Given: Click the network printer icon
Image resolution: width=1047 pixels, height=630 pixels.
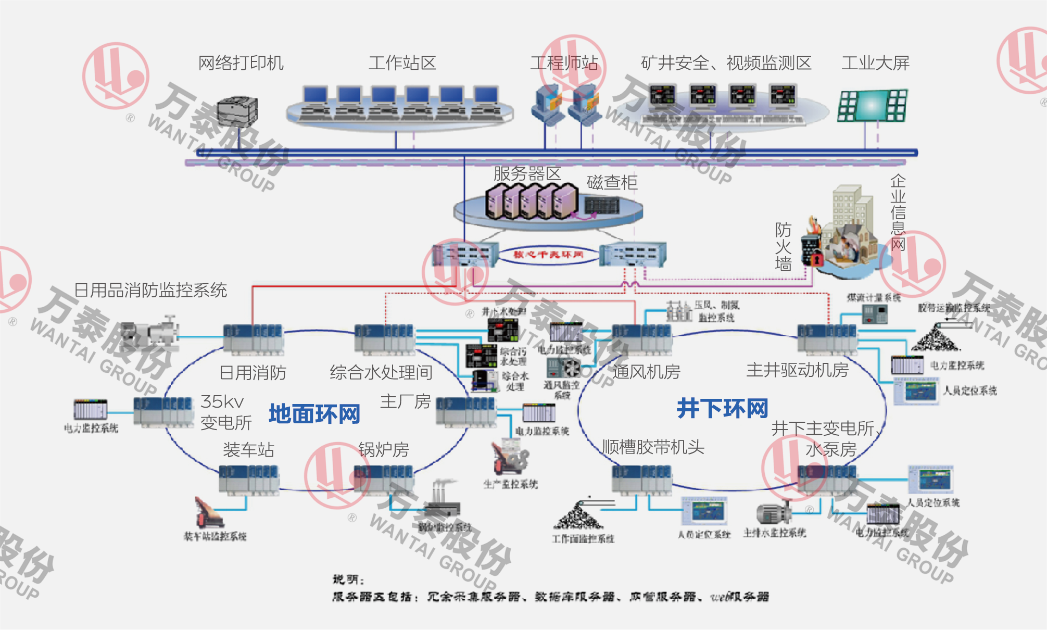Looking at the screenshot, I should point(237,111).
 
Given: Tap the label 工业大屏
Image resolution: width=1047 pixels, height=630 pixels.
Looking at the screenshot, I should point(875,63).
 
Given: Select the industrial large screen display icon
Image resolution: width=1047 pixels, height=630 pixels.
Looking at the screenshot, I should point(873,106).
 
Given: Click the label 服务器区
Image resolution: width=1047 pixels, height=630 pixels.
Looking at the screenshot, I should point(527,173).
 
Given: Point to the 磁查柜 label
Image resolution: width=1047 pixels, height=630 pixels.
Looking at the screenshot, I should point(612,182).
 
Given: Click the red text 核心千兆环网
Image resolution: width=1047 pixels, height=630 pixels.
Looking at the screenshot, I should point(548,255).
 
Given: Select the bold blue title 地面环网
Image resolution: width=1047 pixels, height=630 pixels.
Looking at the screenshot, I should point(314,414).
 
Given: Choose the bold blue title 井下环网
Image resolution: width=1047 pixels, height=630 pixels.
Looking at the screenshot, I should point(722,409).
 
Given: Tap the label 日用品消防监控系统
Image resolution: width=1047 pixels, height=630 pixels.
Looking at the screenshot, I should point(150,290).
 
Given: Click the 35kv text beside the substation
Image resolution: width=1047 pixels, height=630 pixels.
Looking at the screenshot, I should point(222,401).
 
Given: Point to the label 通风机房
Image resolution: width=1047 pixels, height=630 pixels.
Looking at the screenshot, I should point(646,372).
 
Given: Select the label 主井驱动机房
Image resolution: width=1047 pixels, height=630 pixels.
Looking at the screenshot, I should point(797,370).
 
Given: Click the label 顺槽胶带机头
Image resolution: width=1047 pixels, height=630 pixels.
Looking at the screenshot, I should point(653,447).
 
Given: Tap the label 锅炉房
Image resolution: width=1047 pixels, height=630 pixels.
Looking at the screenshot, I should point(384,449).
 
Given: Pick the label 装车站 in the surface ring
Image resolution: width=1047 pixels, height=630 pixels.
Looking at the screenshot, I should point(248,449).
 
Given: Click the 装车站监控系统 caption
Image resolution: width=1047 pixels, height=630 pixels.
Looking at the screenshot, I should point(215,536).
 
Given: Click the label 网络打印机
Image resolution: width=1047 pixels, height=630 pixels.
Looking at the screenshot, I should point(241,63).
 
